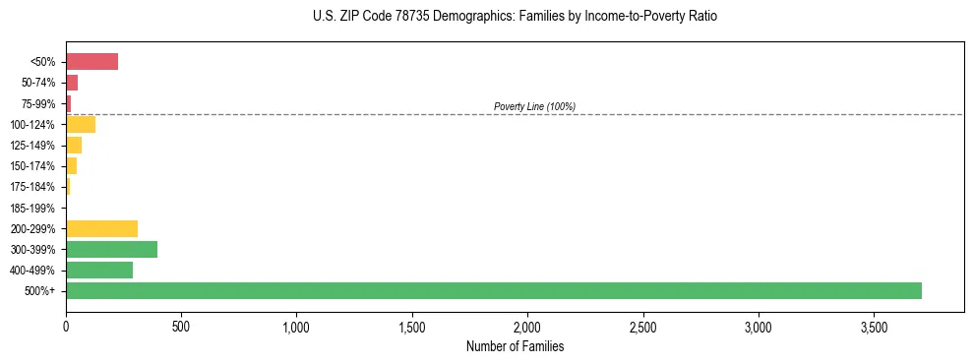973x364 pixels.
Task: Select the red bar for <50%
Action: click(x=91, y=62)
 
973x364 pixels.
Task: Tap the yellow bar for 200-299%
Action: click(x=101, y=228)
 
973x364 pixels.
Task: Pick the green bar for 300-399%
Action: click(x=111, y=249)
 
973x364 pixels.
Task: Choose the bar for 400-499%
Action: click(x=99, y=270)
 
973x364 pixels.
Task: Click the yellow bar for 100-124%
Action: click(x=81, y=124)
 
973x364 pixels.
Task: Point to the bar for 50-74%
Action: click(x=72, y=83)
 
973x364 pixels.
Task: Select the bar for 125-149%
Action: click(x=74, y=146)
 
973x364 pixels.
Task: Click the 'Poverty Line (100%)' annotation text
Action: click(x=534, y=106)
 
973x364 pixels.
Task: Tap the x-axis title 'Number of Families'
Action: click(x=515, y=346)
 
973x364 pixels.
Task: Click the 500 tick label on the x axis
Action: click(x=181, y=325)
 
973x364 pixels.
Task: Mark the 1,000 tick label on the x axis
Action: click(x=296, y=325)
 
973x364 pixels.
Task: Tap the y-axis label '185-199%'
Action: click(x=32, y=208)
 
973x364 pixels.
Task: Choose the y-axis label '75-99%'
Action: click(x=37, y=103)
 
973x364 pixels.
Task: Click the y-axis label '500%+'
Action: click(x=40, y=290)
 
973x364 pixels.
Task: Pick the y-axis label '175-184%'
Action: click(x=32, y=187)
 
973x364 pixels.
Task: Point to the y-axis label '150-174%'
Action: click(x=32, y=166)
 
